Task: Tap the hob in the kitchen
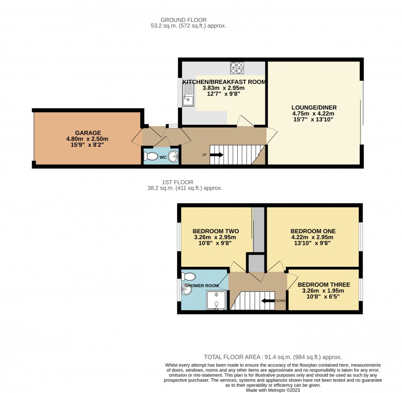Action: pyautogui.click(x=237, y=68)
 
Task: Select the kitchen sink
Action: pyautogui.click(x=188, y=95)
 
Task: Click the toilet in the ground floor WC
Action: pyautogui.click(x=151, y=156)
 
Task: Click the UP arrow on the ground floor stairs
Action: pyautogui.click(x=216, y=155)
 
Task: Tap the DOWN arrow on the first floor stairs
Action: pyautogui.click(x=268, y=301)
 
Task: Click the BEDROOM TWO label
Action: pyautogui.click(x=216, y=231)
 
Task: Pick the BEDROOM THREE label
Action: pyautogui.click(x=324, y=285)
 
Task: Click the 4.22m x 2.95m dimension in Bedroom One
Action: pyautogui.click(x=312, y=237)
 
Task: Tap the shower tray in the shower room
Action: pyautogui.click(x=216, y=300)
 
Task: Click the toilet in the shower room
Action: pyautogui.click(x=188, y=277)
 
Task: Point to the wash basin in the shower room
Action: pyautogui.click(x=186, y=290)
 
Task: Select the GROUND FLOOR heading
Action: pyautogui.click(x=183, y=20)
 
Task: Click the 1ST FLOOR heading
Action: pyautogui.click(x=177, y=182)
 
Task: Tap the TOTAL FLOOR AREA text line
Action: pyautogui.click(x=273, y=357)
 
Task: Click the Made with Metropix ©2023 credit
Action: pyautogui.click(x=273, y=390)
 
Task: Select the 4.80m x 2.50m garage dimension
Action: pyautogui.click(x=87, y=139)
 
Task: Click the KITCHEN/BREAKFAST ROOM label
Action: pyautogui.click(x=224, y=82)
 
